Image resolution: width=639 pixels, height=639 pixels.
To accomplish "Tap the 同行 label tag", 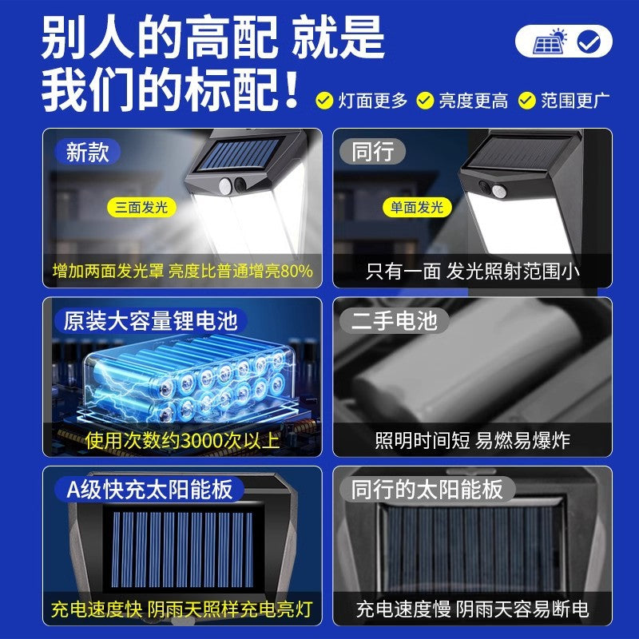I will point(373,152).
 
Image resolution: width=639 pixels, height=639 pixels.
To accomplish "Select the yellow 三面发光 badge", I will point(141,208).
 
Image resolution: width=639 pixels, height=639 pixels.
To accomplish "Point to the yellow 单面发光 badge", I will point(416,208).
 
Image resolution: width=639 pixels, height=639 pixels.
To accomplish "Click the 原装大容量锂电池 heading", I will point(151,321).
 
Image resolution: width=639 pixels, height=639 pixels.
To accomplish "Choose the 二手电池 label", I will point(395,321).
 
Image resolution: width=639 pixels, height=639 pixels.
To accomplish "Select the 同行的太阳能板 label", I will point(427,489).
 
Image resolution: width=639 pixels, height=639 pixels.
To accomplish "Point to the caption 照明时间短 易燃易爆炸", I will point(472,440).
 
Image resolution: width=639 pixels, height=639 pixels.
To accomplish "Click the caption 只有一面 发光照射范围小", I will point(473,272).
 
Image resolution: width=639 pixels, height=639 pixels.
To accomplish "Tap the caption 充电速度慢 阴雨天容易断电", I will point(472,609).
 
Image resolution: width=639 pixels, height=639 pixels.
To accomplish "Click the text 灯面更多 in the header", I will point(373,101).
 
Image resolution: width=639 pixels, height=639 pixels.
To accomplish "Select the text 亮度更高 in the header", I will point(474,101).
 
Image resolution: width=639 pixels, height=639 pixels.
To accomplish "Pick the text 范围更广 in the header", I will point(575,101).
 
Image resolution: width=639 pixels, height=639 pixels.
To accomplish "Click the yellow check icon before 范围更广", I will point(526,101).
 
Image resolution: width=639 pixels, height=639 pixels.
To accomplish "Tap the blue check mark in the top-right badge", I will point(589,42).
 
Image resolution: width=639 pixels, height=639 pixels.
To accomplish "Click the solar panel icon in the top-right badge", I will point(550,41).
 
